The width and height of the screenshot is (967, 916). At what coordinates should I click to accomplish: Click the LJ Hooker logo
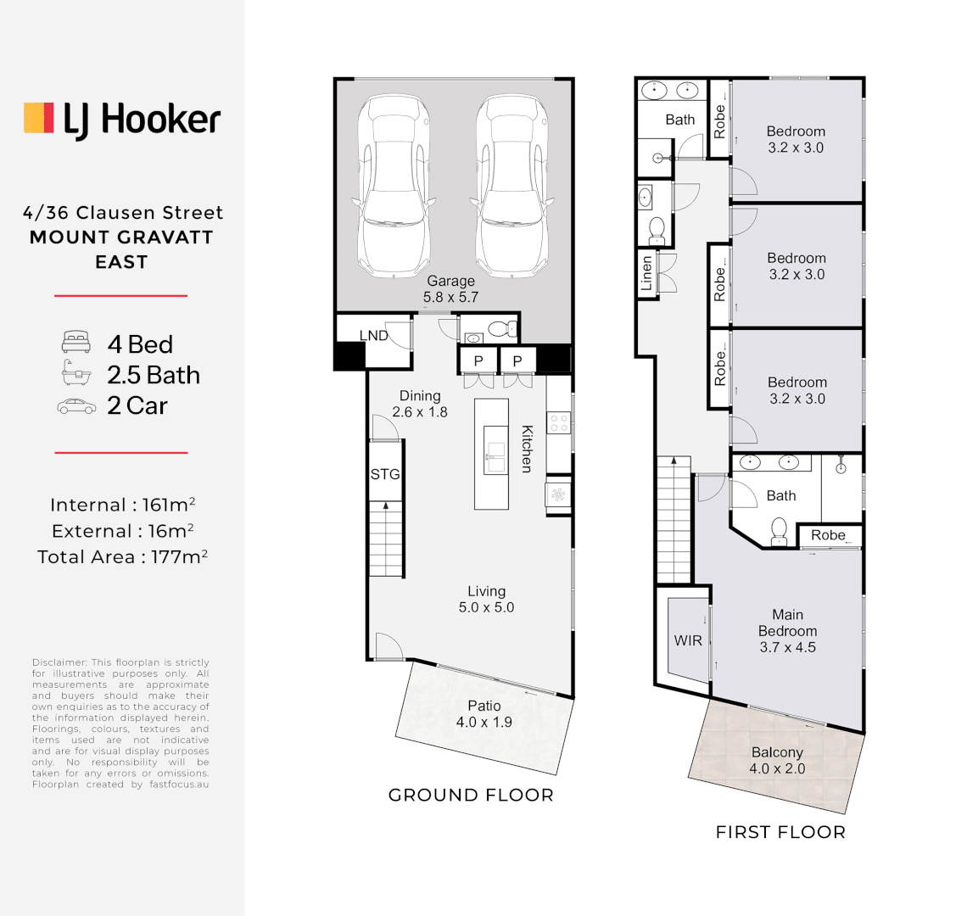(122, 120)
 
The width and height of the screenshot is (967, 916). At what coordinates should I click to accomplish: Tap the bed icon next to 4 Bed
(75, 343)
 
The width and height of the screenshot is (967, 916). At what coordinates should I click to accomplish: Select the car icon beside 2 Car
(76, 406)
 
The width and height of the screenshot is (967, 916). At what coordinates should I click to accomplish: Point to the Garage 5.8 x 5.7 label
(450, 288)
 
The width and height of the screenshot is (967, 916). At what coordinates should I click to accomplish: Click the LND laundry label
(373, 336)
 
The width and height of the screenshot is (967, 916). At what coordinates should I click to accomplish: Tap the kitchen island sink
(491, 451)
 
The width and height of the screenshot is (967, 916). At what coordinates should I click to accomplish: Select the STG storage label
(384, 474)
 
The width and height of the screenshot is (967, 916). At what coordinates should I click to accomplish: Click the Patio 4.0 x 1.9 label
(483, 713)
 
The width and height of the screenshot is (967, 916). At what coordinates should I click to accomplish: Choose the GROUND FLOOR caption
(471, 796)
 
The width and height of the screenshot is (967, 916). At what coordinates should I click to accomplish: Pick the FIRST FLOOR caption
(780, 832)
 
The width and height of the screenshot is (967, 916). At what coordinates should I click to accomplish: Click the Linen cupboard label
(646, 274)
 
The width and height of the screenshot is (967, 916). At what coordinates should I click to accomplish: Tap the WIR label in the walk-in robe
(688, 640)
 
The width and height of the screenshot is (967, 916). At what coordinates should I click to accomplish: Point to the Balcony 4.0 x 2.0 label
(777, 760)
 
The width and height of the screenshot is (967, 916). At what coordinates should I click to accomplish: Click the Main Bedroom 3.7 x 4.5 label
(787, 631)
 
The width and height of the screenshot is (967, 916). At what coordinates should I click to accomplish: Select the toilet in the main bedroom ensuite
(779, 531)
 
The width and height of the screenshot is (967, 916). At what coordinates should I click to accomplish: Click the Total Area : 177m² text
(122, 557)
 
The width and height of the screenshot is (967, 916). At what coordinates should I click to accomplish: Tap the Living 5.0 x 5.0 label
(486, 599)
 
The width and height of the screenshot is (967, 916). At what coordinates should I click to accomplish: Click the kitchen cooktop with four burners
(558, 422)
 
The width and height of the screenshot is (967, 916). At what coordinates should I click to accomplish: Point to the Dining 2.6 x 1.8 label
(420, 404)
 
